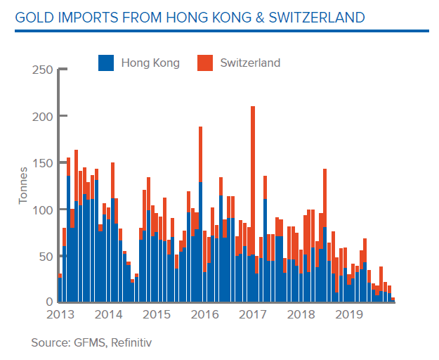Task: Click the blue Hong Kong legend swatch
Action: (106, 63)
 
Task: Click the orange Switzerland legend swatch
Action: (204, 63)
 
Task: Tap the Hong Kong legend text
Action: (150, 63)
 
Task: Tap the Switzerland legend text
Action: (250, 63)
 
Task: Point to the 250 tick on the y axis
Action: (41, 70)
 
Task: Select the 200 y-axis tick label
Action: (41, 116)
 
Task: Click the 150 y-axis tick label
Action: (41, 163)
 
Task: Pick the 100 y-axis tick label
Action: (41, 210)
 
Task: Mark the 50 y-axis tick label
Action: (45, 256)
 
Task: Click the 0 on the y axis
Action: (48, 302)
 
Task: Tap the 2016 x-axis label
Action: (202, 314)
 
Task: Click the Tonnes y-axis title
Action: (22, 185)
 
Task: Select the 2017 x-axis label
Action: (250, 314)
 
